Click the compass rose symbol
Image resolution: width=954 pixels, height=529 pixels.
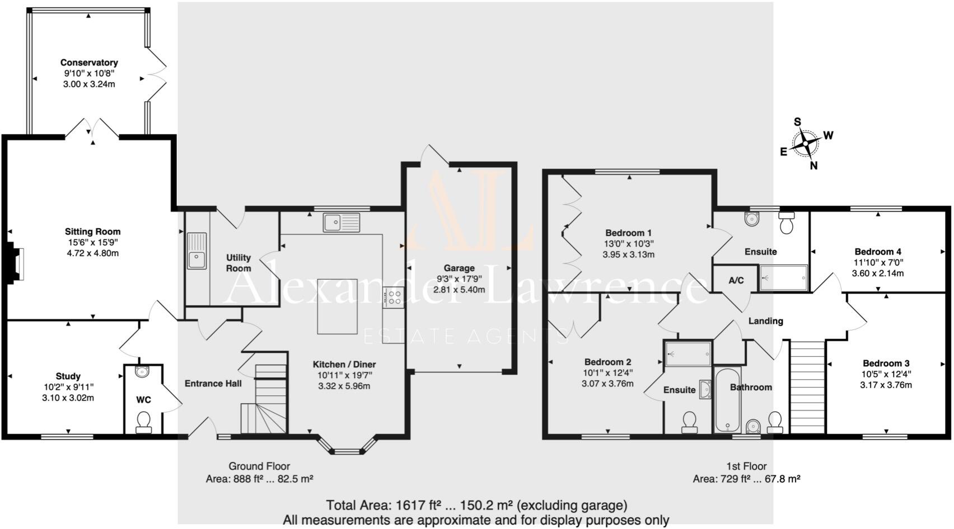pyautogui.click(x=805, y=144)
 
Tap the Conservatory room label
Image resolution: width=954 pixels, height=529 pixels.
pyautogui.click(x=89, y=63)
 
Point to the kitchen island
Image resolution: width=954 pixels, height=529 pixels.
pyautogui.click(x=337, y=306)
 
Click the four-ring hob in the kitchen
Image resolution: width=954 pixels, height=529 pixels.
pyautogui.click(x=394, y=297)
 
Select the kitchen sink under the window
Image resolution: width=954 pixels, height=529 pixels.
pyautogui.click(x=341, y=222)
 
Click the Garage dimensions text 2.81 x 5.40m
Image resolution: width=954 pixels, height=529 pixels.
pyautogui.click(x=459, y=290)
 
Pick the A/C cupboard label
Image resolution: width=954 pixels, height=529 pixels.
pyautogui.click(x=736, y=280)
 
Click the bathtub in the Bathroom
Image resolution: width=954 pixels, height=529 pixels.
pyautogui.click(x=727, y=400)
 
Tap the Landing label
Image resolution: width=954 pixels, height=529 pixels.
pyautogui.click(x=765, y=321)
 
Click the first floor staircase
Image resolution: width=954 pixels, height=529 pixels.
pyautogui.click(x=807, y=386)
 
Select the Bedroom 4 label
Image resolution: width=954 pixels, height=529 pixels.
pyautogui.click(x=877, y=252)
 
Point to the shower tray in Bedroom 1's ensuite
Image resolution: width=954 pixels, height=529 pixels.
pyautogui.click(x=784, y=277)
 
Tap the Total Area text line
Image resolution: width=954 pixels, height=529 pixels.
pyautogui.click(x=476, y=506)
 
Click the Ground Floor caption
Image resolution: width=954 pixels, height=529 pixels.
pyautogui.click(x=259, y=466)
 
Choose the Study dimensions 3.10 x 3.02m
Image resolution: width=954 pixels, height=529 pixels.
pyautogui.click(x=68, y=398)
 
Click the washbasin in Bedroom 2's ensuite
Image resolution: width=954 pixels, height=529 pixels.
pyautogui.click(x=705, y=389)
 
